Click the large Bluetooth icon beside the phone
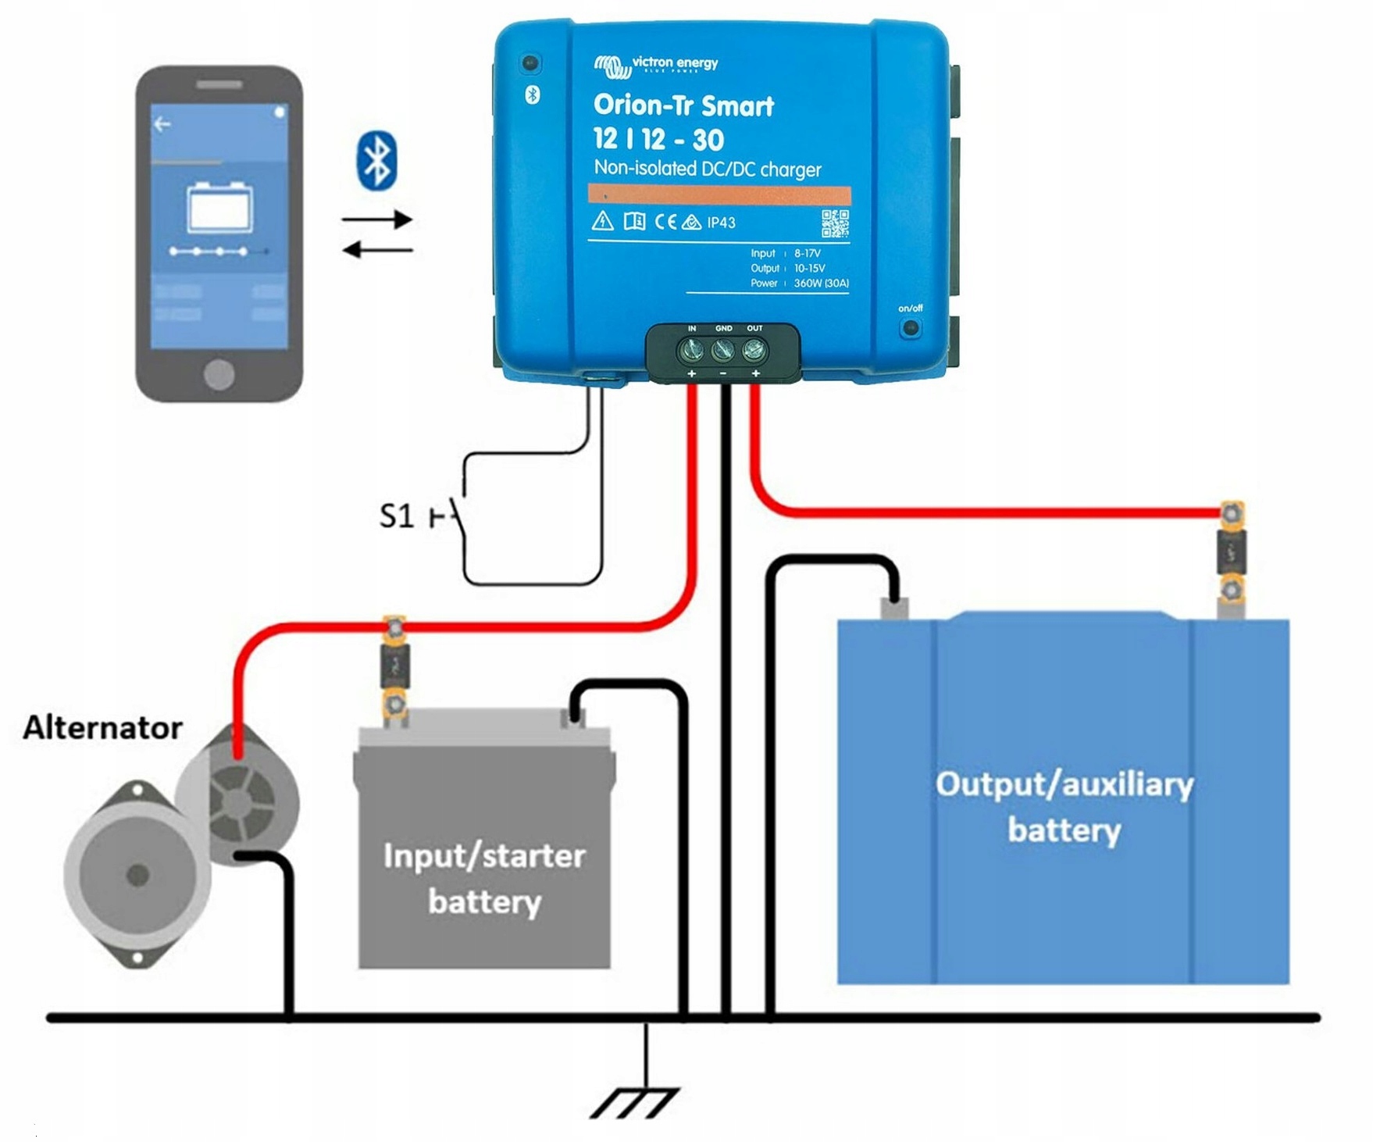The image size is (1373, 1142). pyautogui.click(x=377, y=161)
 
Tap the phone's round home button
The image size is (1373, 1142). pyautogui.click(x=219, y=374)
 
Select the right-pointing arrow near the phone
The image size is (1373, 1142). pyautogui.click(x=377, y=219)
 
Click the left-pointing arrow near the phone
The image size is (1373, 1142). pyautogui.click(x=377, y=250)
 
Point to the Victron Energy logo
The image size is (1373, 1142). pyautogui.click(x=655, y=65)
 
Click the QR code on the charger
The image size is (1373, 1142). pyautogui.click(x=835, y=223)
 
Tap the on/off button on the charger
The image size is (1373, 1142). pyautogui.click(x=910, y=327)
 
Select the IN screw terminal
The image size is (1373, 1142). pyautogui.click(x=691, y=352)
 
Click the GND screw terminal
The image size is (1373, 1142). pyautogui.click(x=723, y=352)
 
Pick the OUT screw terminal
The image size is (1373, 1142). pyautogui.click(x=754, y=352)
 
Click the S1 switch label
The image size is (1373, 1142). pyautogui.click(x=396, y=516)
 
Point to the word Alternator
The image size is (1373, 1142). pyautogui.click(x=102, y=728)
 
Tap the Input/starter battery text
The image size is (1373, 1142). pyautogui.click(x=484, y=878)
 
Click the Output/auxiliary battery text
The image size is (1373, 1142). pyautogui.click(x=1064, y=806)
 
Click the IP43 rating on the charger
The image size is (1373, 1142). pyautogui.click(x=721, y=223)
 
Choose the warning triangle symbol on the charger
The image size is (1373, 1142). pyautogui.click(x=602, y=221)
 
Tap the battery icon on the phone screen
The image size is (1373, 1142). pyautogui.click(x=219, y=208)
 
